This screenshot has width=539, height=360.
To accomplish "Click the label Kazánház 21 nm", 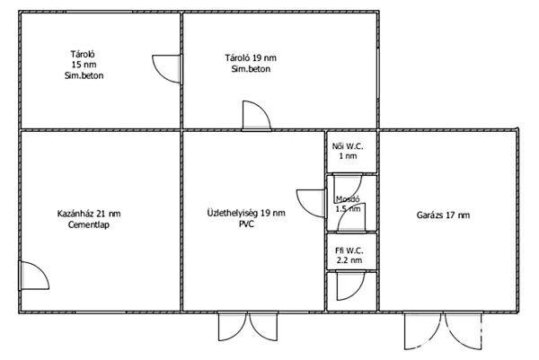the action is [x=89, y=214].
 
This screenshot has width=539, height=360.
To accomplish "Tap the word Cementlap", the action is [x=89, y=225].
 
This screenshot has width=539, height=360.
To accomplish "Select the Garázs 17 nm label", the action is [x=443, y=215].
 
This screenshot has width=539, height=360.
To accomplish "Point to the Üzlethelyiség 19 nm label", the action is [x=246, y=213].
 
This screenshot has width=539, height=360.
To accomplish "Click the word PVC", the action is [x=246, y=224].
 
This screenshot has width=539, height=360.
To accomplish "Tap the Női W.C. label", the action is [x=348, y=146].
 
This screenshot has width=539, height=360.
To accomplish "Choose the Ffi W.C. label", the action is [x=349, y=250].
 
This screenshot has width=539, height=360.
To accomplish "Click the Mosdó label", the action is [x=348, y=199].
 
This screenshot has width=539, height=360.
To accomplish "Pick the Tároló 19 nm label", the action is [x=251, y=57].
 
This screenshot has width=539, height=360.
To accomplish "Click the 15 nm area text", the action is [x=84, y=65].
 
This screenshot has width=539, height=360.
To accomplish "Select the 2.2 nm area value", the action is [x=349, y=260].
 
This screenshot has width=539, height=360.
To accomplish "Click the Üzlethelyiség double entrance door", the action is [x=248, y=327].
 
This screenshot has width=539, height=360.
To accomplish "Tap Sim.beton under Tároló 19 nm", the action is [x=251, y=69].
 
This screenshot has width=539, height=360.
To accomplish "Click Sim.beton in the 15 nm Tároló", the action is [x=84, y=75].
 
